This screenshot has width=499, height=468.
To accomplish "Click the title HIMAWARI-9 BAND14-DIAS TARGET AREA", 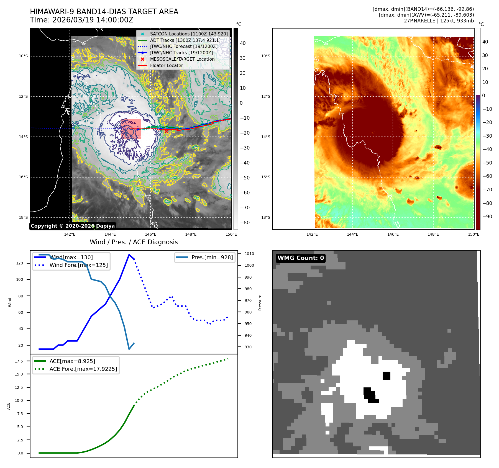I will click(104, 12).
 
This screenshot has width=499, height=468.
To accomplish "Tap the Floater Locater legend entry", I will click(166, 66).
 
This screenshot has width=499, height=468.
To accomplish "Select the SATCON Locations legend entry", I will click(189, 34).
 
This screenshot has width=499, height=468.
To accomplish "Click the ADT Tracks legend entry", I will click(185, 40).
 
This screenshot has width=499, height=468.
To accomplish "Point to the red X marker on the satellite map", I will click(166, 131).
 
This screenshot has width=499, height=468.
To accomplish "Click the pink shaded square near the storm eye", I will click(131, 129).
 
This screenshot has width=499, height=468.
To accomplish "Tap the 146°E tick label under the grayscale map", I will click(150, 234).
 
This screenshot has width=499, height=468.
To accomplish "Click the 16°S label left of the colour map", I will click(265, 177).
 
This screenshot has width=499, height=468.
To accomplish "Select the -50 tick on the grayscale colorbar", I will click(245, 178).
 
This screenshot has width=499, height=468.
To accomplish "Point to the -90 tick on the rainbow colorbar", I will click(487, 217).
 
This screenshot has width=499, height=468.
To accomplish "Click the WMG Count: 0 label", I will click(301, 258).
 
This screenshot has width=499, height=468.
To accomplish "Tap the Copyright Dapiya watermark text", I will click(73, 226).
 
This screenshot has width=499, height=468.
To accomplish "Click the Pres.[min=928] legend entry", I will click(212, 257).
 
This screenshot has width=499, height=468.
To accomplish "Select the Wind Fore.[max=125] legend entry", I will click(79, 265).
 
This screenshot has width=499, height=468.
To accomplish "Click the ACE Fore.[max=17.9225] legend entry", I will click(83, 369).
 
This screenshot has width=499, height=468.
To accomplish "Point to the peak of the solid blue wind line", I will click(129, 255).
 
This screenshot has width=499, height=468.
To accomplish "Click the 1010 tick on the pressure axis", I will click(249, 254).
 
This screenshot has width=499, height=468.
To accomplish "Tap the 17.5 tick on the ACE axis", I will click(19, 361).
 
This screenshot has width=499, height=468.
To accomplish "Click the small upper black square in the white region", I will click(386, 376).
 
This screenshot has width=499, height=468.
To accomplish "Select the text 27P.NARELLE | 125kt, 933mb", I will click(439, 21).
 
